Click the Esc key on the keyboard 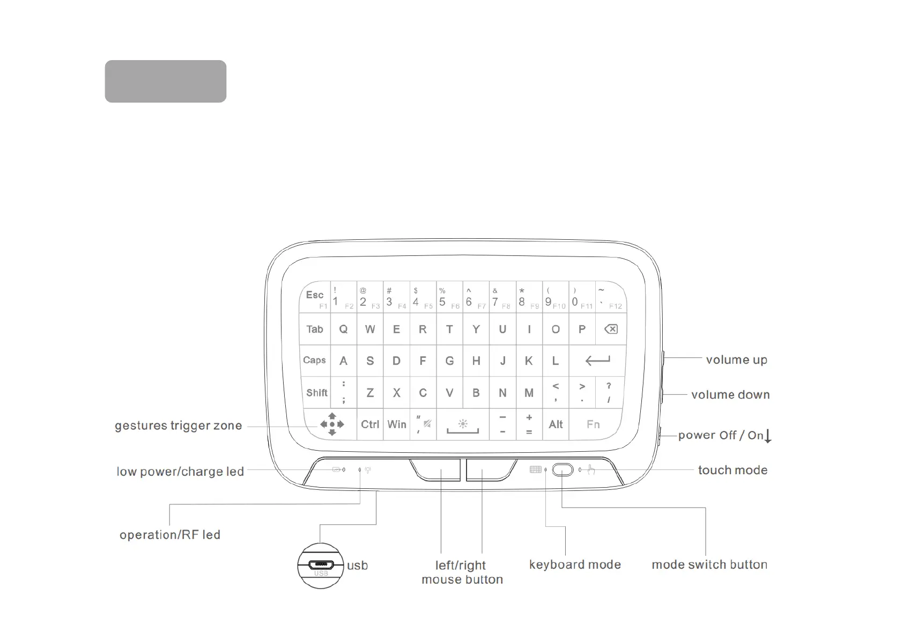click(x=315, y=296)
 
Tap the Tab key click(x=315, y=329)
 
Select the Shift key click(x=316, y=393)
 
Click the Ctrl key click(x=370, y=424)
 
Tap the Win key click(x=397, y=424)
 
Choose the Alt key click(x=556, y=424)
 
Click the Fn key click(x=593, y=424)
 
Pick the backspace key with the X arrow click(x=611, y=329)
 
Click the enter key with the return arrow click(x=597, y=361)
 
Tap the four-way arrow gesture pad click(x=332, y=424)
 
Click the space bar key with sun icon click(x=463, y=424)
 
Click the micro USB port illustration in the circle click(x=321, y=565)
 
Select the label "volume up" click(x=736, y=359)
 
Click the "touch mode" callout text click(x=732, y=470)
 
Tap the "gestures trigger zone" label click(x=178, y=425)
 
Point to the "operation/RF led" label click(x=170, y=534)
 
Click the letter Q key click(x=343, y=329)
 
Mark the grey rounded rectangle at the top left click(x=165, y=81)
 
